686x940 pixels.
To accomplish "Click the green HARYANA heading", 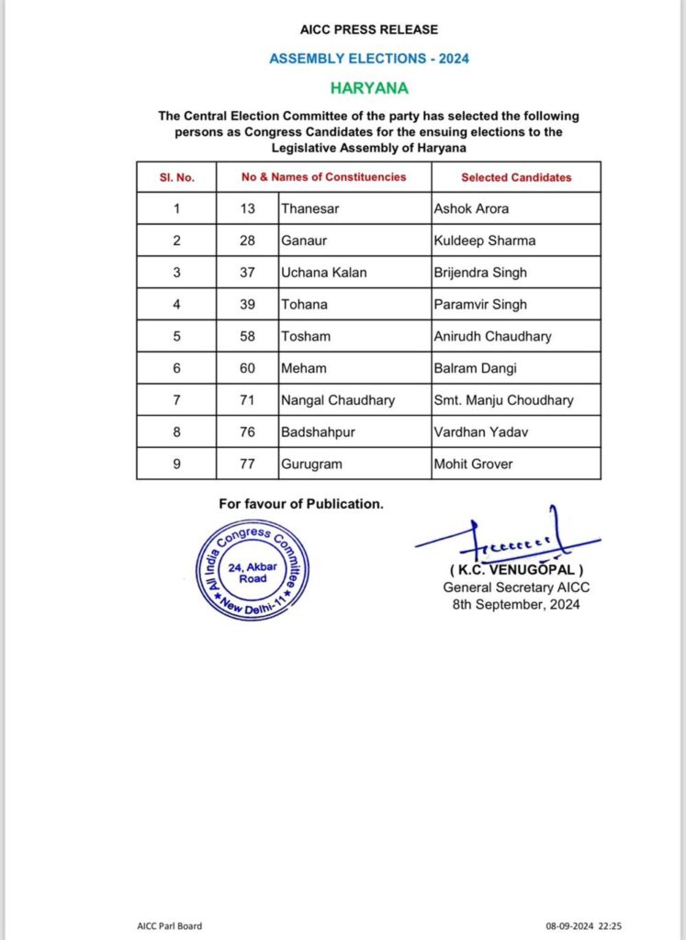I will click(368, 89).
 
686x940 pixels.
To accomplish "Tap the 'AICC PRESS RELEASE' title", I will click(368, 30).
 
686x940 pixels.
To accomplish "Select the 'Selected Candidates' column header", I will click(516, 177).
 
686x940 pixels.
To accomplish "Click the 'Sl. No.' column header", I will click(176, 177).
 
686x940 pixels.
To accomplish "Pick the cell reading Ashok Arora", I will click(471, 208).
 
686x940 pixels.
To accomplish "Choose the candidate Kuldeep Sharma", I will click(484, 241).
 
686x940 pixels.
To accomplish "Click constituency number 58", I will click(248, 336).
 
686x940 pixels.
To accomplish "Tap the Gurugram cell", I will click(312, 464).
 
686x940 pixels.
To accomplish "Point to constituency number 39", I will click(248, 305).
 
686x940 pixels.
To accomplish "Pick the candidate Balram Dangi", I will click(474, 368).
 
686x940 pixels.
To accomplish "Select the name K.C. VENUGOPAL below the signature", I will click(512, 571).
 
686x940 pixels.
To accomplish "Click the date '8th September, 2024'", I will click(512, 604).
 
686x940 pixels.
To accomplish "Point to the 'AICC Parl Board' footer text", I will click(163, 925).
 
